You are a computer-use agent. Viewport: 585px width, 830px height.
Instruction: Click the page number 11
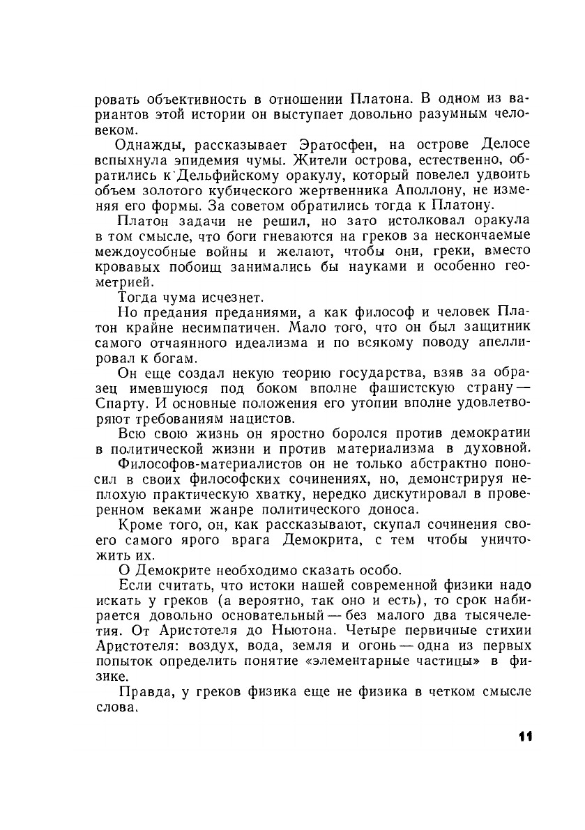[526, 737]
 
